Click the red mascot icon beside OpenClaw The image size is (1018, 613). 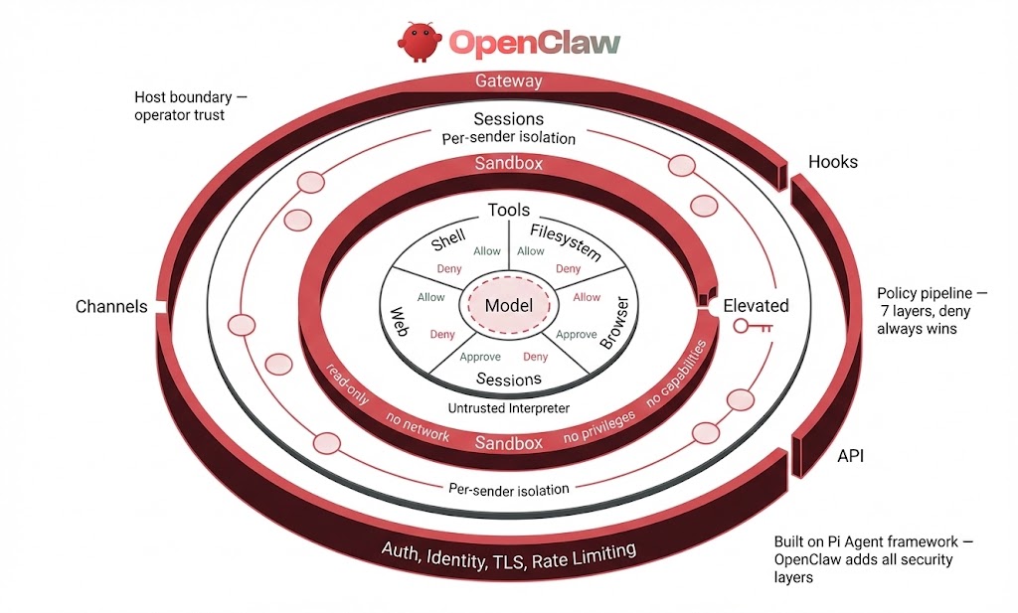pyautogui.click(x=419, y=41)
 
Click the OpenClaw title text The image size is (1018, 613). pyautogui.click(x=535, y=42)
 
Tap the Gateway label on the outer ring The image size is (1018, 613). pyautogui.click(x=508, y=81)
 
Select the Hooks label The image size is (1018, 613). pyautogui.click(x=832, y=161)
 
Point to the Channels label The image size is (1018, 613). pyautogui.click(x=111, y=306)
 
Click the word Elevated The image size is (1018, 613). pyautogui.click(x=756, y=305)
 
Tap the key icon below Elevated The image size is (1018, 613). pyautogui.click(x=753, y=326)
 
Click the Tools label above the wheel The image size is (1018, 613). pyautogui.click(x=508, y=210)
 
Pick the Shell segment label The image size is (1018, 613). pyautogui.click(x=449, y=240)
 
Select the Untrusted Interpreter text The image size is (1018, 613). pyautogui.click(x=508, y=408)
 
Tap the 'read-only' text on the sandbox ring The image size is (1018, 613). pyautogui.click(x=348, y=383)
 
